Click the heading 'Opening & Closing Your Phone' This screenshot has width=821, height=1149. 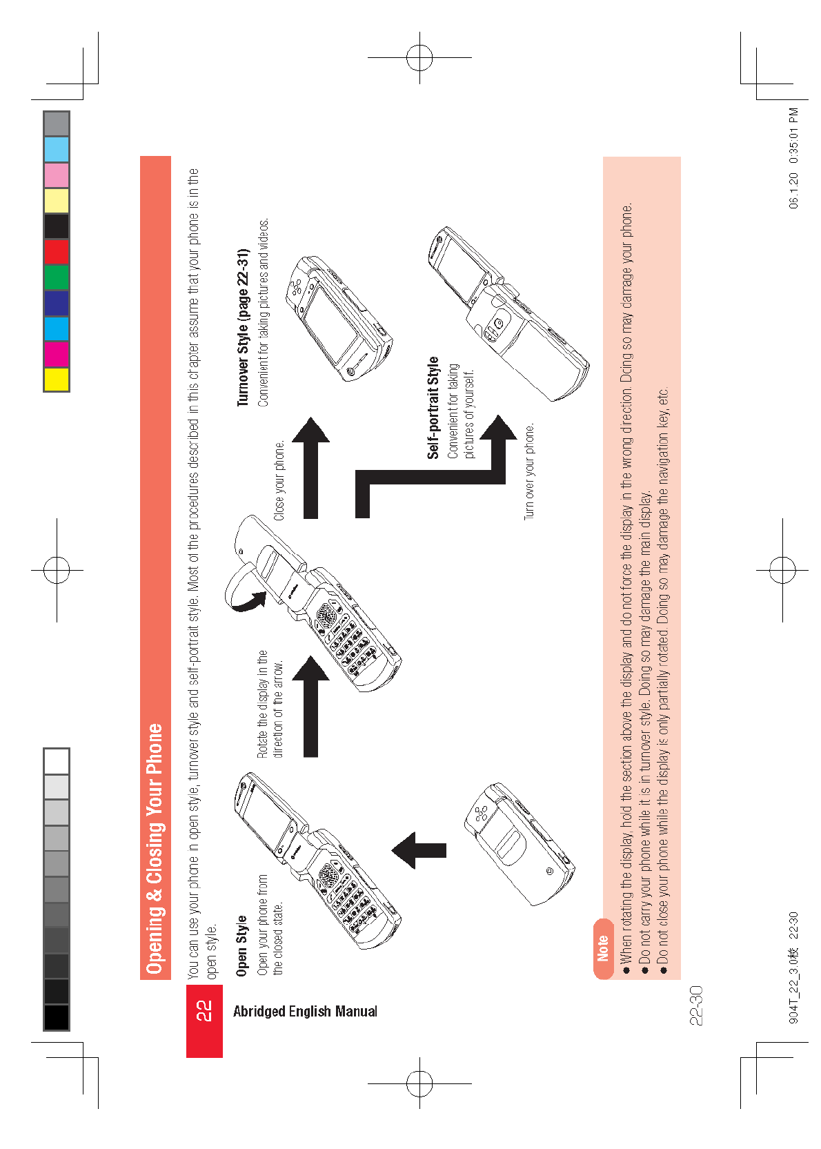[x=155, y=849]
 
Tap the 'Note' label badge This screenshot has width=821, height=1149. [x=603, y=948]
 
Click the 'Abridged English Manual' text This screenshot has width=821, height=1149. [x=305, y=1012]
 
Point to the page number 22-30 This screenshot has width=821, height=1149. [x=695, y=1005]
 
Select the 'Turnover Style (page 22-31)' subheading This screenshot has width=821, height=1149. [x=243, y=328]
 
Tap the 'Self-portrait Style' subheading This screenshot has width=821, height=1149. [x=433, y=407]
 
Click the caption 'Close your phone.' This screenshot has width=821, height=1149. [x=279, y=480]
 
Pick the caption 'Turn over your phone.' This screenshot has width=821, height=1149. [x=529, y=472]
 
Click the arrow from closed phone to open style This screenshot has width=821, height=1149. [x=419, y=850]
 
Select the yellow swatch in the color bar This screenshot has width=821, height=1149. [x=57, y=380]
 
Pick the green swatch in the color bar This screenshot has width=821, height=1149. [x=57, y=277]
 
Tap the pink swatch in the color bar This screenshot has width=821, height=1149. [x=57, y=175]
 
